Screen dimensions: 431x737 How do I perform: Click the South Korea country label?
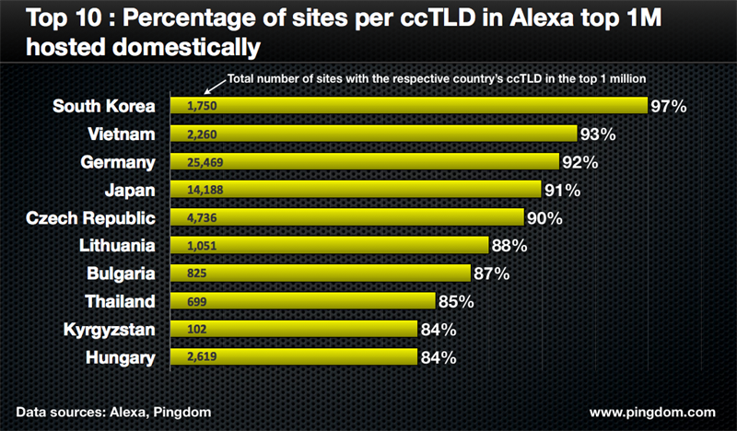click(104, 106)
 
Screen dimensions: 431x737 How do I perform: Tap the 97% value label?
click(669, 106)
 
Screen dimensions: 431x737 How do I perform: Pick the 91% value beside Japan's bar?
click(561, 191)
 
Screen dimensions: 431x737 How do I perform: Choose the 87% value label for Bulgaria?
click(490, 274)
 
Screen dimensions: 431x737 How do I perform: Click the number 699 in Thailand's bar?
click(196, 302)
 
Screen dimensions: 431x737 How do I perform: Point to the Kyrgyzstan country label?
click(111, 330)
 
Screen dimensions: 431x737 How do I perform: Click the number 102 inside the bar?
click(196, 330)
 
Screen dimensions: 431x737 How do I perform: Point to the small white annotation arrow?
click(213, 87)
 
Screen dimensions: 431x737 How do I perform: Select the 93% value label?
click(598, 134)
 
